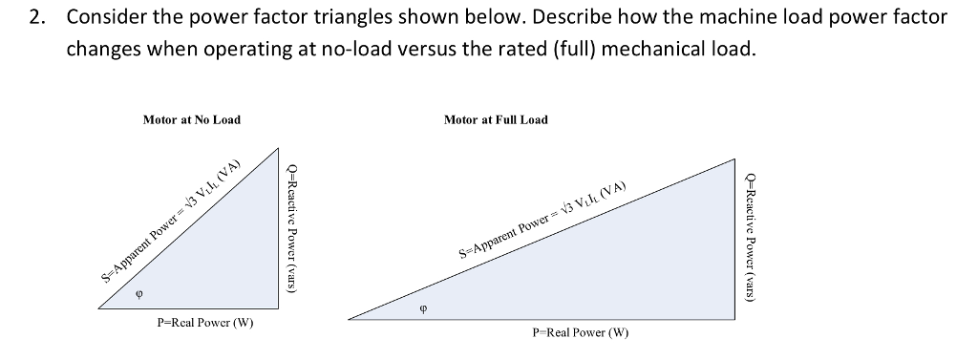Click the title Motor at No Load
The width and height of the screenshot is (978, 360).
point(191,119)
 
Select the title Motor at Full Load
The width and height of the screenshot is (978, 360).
point(496,119)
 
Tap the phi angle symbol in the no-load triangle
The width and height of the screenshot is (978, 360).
point(140,295)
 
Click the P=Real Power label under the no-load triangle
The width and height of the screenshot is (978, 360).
point(205,323)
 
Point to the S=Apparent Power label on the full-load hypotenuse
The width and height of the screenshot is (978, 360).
point(542,222)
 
